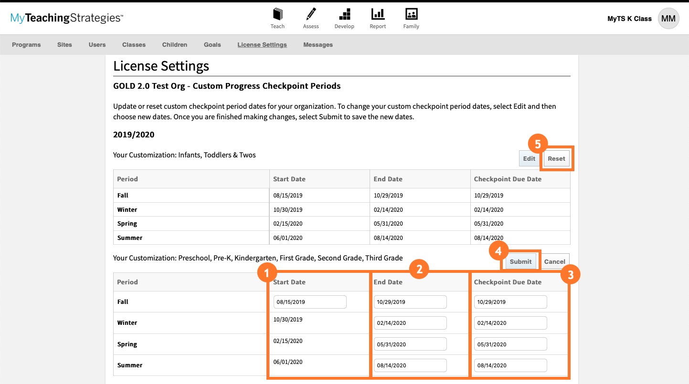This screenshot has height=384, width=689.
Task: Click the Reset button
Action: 556,159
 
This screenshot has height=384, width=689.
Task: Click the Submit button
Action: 520,261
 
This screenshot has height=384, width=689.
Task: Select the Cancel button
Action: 554,261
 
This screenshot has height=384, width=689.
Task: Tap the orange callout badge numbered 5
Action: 538,144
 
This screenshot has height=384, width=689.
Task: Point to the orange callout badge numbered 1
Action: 266,273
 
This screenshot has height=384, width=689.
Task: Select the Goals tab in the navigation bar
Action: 212,45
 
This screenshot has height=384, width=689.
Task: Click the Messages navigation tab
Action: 318,45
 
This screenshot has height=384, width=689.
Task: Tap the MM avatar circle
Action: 668,19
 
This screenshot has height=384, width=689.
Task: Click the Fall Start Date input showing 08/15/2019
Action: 310,302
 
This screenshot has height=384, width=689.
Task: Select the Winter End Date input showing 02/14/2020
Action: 410,323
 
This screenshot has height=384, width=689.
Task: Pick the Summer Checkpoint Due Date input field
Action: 510,365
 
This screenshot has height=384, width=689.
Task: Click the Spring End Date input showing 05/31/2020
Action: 410,344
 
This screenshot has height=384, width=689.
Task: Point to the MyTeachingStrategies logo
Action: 67,19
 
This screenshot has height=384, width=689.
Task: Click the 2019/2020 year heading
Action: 134,135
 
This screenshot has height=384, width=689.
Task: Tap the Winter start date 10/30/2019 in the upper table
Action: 288,210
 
